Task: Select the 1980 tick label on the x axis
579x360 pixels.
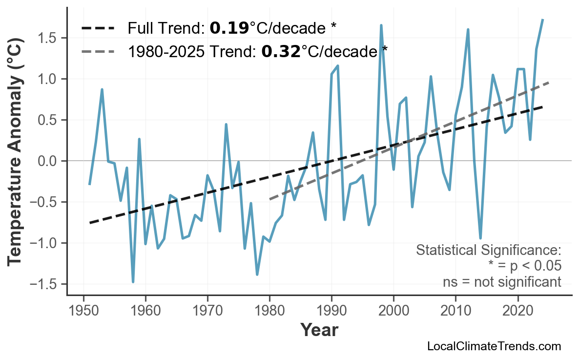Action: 269,311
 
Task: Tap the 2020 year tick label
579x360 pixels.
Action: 517,311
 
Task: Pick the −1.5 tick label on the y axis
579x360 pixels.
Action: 48,284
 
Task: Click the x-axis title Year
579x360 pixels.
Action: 319,330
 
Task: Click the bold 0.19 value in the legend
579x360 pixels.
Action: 229,28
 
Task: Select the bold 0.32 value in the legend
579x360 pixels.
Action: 281,51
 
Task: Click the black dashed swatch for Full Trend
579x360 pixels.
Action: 98,28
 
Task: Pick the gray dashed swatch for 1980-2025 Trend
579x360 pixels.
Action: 98,51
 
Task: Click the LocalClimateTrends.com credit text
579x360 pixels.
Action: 494,346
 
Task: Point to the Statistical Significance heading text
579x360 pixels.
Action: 488,251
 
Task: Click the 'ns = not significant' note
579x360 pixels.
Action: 501,282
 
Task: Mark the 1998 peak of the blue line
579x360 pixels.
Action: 381,25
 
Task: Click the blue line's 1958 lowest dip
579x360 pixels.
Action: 133,282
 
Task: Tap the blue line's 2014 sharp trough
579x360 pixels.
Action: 480,238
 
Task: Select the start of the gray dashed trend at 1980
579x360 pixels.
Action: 269,199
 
